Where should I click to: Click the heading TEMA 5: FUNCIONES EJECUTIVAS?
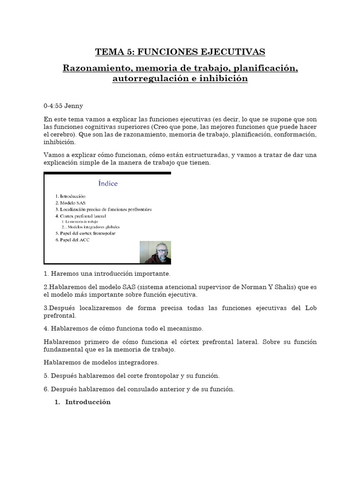[180, 52]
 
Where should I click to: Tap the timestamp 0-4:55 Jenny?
[63, 106]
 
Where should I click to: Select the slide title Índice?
[108, 183]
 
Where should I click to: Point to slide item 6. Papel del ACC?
[72, 240]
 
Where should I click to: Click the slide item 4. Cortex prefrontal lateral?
[81, 216]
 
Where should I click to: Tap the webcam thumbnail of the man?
[156, 252]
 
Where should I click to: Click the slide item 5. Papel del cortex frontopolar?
[85, 233]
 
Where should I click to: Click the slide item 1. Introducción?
[70, 196]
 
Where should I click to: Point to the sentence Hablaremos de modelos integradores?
[101, 362]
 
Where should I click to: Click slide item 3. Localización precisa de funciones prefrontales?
[104, 209]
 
